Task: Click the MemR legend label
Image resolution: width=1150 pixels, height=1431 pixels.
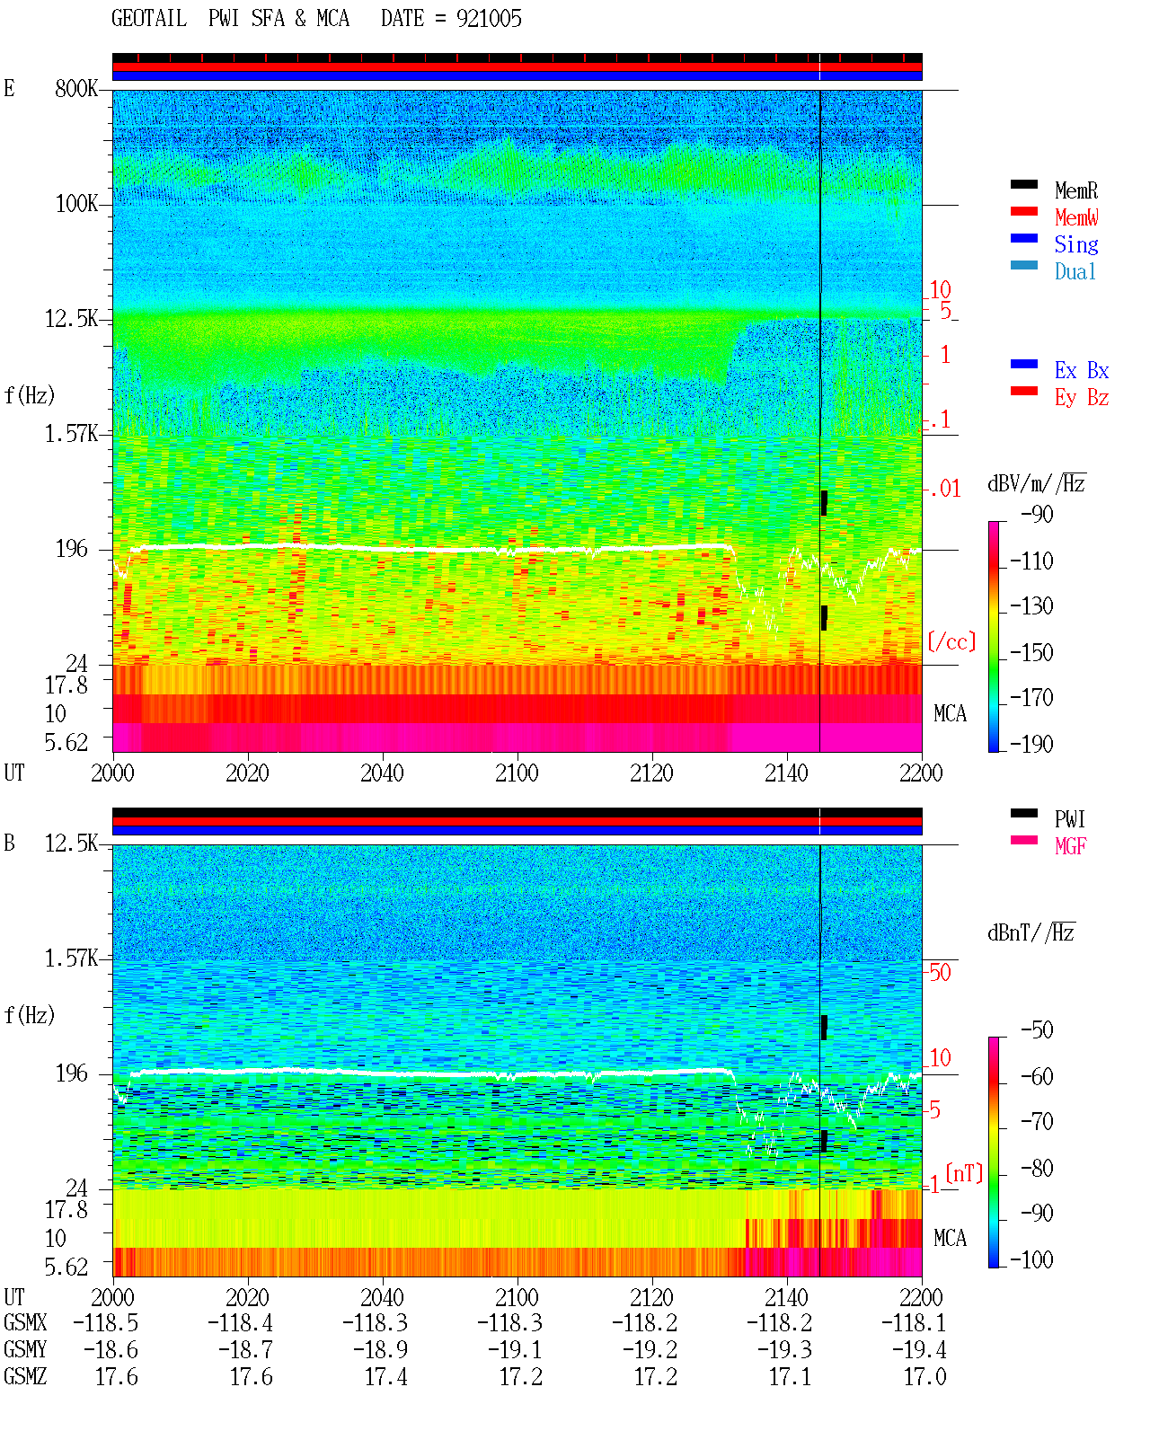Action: (x=1075, y=190)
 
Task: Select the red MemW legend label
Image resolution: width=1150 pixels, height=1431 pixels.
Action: (x=1075, y=217)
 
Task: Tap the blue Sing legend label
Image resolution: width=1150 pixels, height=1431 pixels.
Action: (x=1075, y=244)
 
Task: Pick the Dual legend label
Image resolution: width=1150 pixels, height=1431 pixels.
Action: (x=1075, y=271)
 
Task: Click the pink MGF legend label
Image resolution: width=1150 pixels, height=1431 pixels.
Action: (x=1070, y=846)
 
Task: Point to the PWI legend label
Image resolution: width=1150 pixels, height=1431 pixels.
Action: (x=1069, y=818)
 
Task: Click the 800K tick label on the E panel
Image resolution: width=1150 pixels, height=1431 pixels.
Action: (x=76, y=88)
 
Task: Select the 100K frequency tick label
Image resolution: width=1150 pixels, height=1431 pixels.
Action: (x=76, y=204)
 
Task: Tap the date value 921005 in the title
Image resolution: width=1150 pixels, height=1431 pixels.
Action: (x=489, y=19)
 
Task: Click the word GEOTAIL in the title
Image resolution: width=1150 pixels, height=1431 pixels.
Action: (x=149, y=19)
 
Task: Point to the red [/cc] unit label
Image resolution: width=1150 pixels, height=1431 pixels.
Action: (x=951, y=641)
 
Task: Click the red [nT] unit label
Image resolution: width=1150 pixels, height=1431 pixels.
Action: (x=964, y=1173)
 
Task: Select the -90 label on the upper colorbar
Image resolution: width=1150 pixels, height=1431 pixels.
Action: (x=1037, y=514)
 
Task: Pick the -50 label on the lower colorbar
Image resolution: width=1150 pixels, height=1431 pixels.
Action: (x=1037, y=1030)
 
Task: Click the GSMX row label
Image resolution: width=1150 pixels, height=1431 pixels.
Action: (x=25, y=1322)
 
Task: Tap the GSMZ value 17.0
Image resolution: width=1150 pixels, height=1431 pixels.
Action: (x=924, y=1376)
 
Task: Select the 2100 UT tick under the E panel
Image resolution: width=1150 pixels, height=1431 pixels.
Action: (x=517, y=773)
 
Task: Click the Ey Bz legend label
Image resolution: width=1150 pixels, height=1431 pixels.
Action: (x=1082, y=398)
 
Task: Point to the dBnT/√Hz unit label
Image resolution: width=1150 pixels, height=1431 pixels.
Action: (x=1031, y=933)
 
